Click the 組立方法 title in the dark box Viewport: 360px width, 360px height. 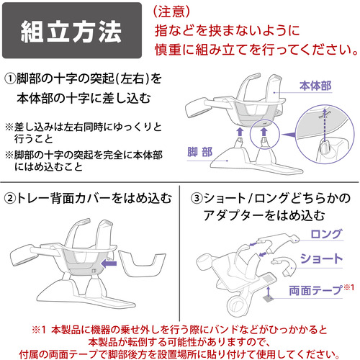71,32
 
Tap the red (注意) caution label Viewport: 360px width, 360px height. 171,11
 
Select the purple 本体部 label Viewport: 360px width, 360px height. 315,86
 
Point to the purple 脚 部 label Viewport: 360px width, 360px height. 199,152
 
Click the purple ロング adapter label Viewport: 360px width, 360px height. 325,234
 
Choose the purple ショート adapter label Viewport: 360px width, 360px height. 321,258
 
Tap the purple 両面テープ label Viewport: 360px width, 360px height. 315,290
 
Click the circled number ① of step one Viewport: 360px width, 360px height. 10,78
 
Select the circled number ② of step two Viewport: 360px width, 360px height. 10,199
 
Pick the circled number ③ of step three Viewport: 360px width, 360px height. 197,199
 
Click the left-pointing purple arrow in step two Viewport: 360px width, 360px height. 109,264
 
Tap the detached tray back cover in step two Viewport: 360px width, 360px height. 142,264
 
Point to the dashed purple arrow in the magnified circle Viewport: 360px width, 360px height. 324,126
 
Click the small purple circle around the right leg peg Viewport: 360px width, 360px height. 265,135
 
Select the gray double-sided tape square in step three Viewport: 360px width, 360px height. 269,299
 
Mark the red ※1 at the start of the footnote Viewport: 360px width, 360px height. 39,330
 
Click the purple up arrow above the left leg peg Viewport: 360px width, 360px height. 240,132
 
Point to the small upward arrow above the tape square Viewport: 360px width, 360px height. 269,290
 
